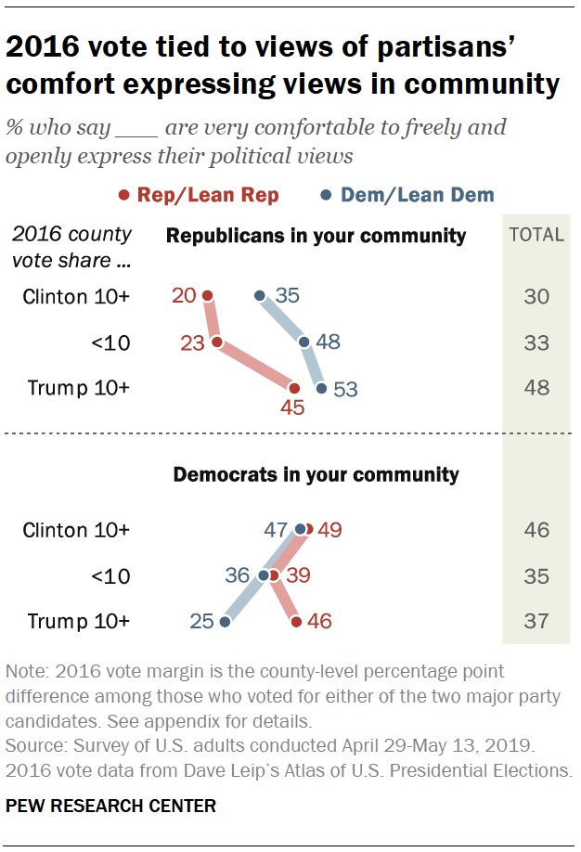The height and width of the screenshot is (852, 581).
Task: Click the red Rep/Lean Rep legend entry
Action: click(x=198, y=195)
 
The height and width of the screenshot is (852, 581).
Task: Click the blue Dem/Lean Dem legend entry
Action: click(x=409, y=195)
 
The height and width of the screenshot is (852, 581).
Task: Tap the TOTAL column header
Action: click(x=536, y=235)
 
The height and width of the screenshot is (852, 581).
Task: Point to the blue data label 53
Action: click(x=344, y=389)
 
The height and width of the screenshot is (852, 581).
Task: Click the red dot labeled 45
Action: click(x=295, y=389)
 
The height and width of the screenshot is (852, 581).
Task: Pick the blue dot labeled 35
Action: click(x=261, y=296)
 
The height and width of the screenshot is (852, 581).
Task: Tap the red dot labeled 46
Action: click(x=296, y=622)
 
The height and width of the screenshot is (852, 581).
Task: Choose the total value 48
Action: click(x=536, y=389)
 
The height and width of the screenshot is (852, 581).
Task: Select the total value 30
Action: click(x=536, y=297)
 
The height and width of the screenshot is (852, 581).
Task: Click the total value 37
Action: click(x=536, y=622)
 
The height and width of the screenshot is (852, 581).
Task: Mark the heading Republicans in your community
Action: click(x=316, y=236)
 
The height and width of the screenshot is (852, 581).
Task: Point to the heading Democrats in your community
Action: click(x=316, y=475)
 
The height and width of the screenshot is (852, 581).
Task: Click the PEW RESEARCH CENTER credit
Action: click(x=110, y=807)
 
